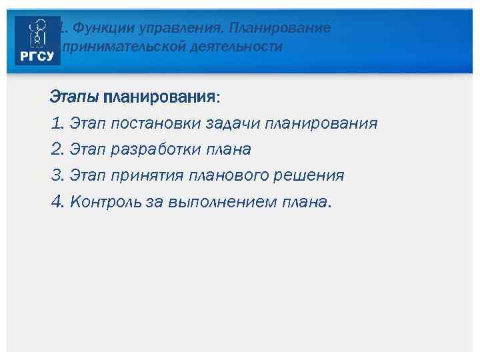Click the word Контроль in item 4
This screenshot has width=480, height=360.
pyautogui.click(x=106, y=201)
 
